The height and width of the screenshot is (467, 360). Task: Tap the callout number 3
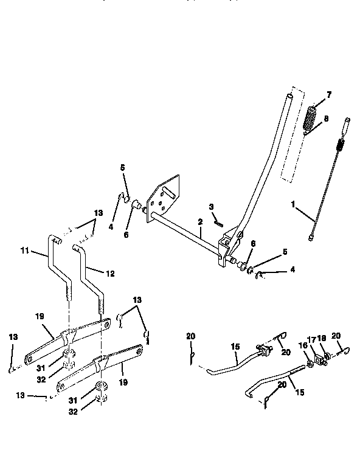212,207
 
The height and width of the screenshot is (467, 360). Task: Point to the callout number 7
329,95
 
